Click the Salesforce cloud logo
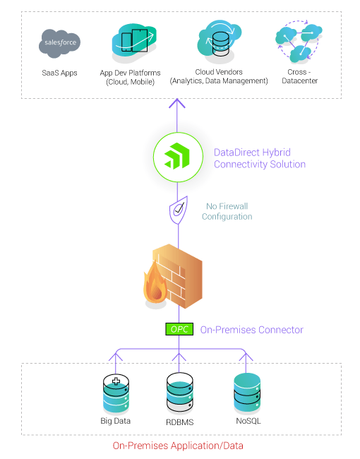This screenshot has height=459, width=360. (x=59, y=44)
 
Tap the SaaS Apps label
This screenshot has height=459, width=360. (x=59, y=73)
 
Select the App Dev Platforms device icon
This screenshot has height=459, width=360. (x=135, y=42)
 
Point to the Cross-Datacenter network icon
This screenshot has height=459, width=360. (x=298, y=42)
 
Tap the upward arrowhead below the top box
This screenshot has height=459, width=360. (x=178, y=104)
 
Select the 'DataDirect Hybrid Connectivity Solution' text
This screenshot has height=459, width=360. (x=259, y=158)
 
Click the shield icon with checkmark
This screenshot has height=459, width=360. (x=178, y=210)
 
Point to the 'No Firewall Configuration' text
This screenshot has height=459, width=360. (x=227, y=211)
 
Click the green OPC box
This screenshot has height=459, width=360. (x=178, y=330)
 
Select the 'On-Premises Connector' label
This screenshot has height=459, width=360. (x=251, y=330)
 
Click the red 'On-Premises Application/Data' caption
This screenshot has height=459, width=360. (x=183, y=446)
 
